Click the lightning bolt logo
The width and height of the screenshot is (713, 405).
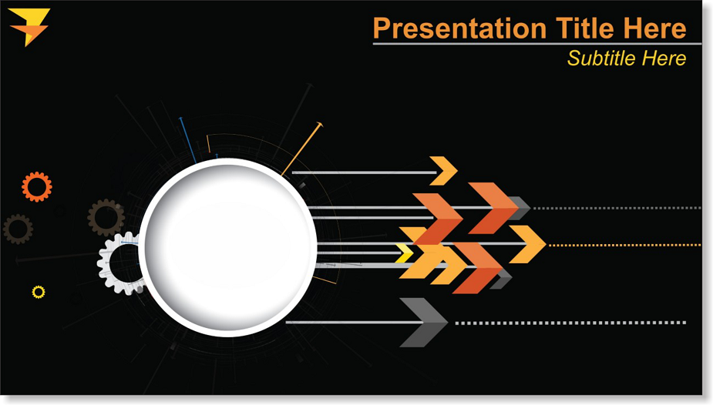pos(29,26)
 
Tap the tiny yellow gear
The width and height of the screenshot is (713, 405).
pos(39,292)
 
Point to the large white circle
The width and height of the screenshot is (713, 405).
pos(228,247)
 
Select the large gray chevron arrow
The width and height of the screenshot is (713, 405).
pos(423,323)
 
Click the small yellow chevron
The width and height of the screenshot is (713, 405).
pos(405,253)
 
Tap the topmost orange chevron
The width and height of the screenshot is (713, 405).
pos(444,171)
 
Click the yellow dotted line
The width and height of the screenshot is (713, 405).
pos(625,245)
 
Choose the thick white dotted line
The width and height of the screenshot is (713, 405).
pos(570,323)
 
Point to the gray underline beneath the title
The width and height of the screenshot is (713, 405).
pos(537,44)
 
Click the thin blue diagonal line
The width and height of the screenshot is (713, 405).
pos(187,140)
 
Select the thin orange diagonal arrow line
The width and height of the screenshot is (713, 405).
pos(302,149)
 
